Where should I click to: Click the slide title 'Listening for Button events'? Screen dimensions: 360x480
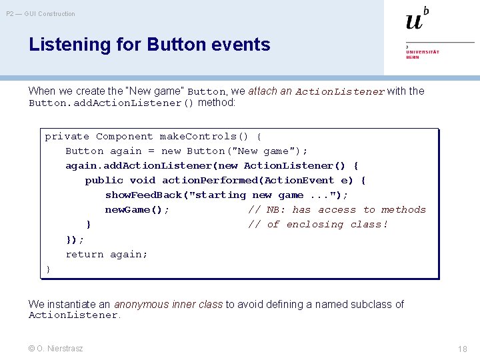(x=149, y=45)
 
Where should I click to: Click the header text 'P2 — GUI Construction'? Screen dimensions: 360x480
(x=41, y=13)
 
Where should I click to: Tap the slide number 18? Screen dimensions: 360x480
(x=462, y=349)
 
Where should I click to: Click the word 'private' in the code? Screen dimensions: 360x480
(x=67, y=136)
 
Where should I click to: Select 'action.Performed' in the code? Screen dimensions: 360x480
(x=210, y=180)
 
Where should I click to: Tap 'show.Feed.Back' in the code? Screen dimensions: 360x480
(x=143, y=195)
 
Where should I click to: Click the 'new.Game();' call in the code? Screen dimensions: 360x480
(x=137, y=209)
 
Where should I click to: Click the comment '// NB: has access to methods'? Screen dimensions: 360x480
(x=337, y=209)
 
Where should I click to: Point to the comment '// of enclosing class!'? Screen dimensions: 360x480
(x=317, y=224)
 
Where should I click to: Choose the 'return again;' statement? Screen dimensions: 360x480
(x=107, y=254)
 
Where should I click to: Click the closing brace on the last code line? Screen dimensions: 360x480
(x=48, y=269)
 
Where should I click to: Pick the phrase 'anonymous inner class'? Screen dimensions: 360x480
(x=168, y=304)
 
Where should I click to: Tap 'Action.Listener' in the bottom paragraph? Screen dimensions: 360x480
(x=73, y=315)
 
